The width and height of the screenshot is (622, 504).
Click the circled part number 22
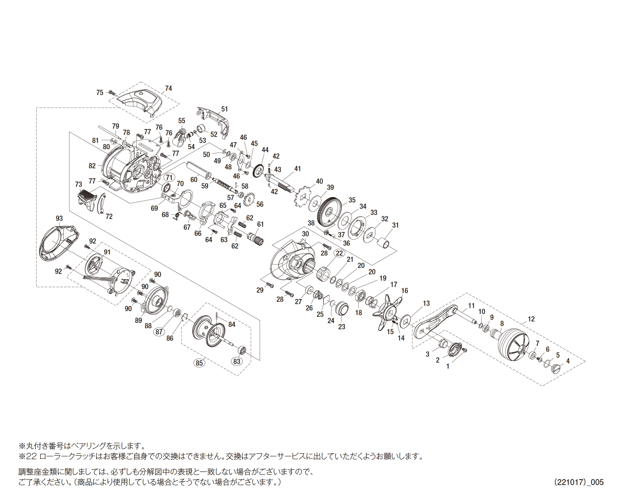[x=339, y=253]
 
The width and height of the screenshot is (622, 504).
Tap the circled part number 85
[x=200, y=363]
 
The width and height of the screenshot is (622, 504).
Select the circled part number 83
[x=237, y=361]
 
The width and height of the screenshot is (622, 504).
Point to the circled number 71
[x=169, y=177]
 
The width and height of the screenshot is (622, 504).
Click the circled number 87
[x=159, y=331]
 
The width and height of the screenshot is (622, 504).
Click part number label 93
[x=59, y=218]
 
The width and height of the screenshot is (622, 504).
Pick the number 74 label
[x=169, y=88]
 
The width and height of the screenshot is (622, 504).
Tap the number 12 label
[x=531, y=319]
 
